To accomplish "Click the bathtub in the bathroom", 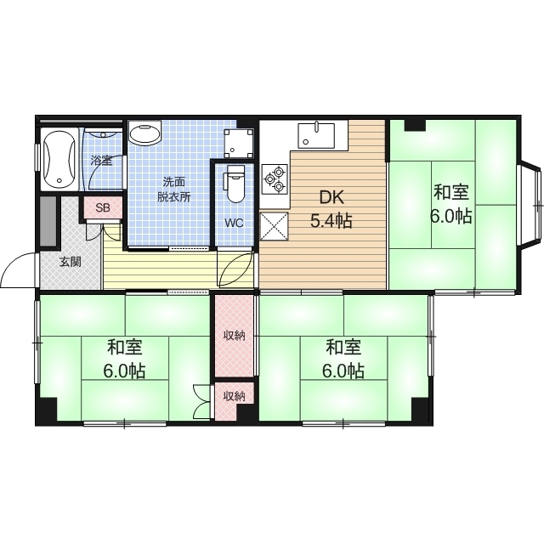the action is tap(59, 159).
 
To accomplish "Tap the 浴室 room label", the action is tap(101, 161).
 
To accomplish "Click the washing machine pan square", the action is tap(238, 143).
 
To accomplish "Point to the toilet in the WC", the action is tap(235, 184).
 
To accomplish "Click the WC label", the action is tap(234, 223).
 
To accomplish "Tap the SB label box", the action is tap(103, 207).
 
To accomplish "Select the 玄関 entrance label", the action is tap(71, 262).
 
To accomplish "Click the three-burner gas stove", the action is tap(275, 179).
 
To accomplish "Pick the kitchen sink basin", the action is tap(316, 136).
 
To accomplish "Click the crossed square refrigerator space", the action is tap(274, 226).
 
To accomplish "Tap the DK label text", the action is tap(331, 197).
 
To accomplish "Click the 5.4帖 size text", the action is tap(331, 221).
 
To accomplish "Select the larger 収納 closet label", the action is tap(235, 336).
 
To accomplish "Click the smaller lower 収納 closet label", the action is tap(235, 396).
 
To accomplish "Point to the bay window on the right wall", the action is tap(530, 205).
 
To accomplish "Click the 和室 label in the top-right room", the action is tap(451, 192).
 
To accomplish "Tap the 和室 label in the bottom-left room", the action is tap(125, 348).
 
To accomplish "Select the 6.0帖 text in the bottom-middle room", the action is tap(343, 371).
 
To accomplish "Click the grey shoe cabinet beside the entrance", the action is tap(48, 221).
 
